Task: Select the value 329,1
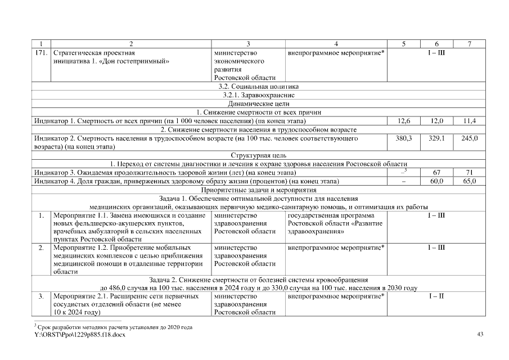tap(436, 138)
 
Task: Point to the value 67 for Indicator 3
tap(436, 172)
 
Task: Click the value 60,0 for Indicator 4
tap(436, 181)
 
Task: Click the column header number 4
tap(336, 44)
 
